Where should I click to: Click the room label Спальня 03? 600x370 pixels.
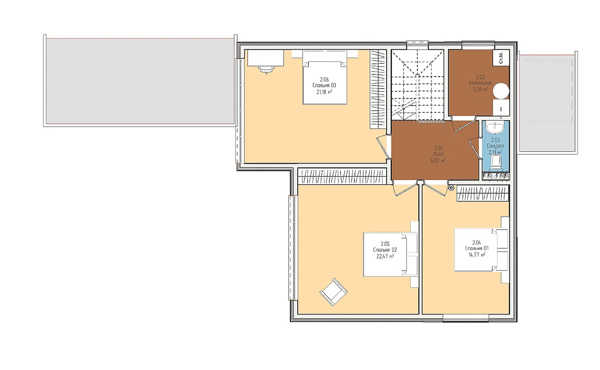324,85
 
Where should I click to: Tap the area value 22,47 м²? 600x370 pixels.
385,256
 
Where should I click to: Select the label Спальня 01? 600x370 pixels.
477,248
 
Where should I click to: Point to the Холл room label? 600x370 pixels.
438,154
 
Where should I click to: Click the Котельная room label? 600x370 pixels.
480,83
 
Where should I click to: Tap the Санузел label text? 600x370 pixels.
495,146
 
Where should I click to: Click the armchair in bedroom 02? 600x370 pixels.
333,292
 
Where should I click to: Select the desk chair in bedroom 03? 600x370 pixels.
266,70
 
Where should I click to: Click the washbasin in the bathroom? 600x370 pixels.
495,128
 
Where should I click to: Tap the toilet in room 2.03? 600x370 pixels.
496,162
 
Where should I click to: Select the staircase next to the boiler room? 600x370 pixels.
418,85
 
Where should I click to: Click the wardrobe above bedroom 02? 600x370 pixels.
342,176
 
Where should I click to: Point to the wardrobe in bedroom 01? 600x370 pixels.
483,194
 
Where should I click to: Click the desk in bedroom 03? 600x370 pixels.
266,58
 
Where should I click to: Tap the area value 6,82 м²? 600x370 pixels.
438,160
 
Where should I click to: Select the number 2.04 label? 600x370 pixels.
477,243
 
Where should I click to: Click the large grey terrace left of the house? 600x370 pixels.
140,81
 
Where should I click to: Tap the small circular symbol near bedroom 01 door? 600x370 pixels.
451,188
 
